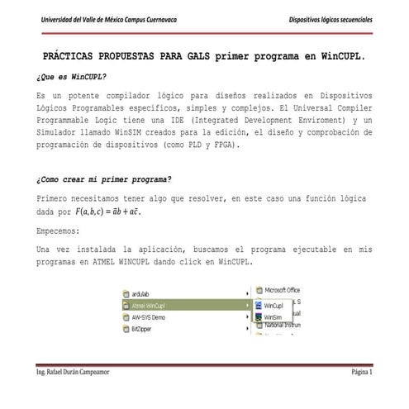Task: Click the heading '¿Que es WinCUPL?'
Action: [x=72, y=75]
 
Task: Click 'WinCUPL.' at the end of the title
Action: [x=338, y=57]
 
